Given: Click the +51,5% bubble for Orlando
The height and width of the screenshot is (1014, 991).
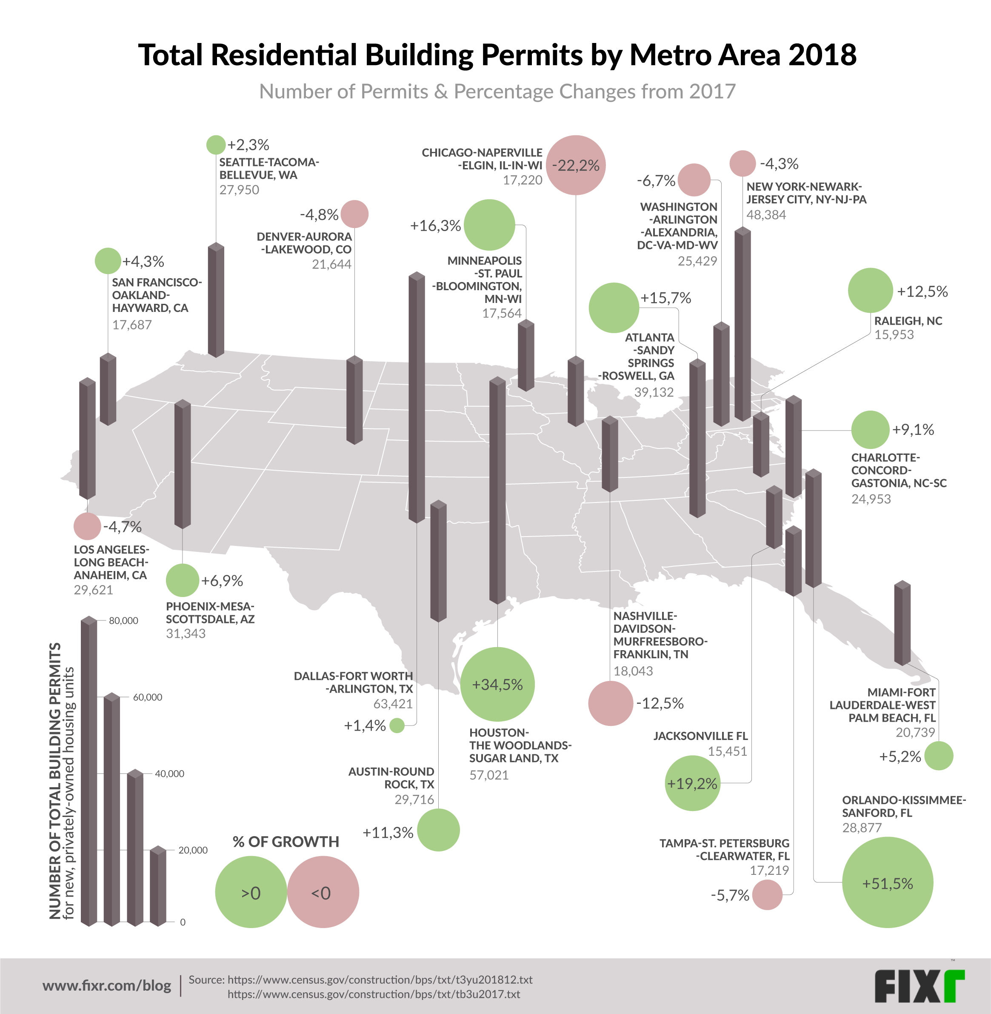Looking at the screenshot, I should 888,883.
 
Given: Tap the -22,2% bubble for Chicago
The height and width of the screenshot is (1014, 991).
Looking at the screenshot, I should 576,165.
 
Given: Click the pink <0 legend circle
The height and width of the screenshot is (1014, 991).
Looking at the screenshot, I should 323,893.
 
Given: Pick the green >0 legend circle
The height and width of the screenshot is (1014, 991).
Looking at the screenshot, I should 251,893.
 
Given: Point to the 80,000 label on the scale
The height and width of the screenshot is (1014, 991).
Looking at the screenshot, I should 123,620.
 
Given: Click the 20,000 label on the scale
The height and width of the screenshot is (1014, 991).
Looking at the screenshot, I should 193,850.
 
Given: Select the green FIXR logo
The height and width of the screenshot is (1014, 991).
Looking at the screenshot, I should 919,986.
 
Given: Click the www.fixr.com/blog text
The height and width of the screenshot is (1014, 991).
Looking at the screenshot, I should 107,985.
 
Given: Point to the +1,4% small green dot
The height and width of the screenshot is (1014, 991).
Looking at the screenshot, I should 397,725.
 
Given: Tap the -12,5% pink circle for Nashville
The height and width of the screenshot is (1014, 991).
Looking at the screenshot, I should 611,703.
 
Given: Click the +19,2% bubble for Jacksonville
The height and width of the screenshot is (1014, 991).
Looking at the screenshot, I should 692,783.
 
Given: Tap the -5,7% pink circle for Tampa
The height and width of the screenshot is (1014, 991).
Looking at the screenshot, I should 767,895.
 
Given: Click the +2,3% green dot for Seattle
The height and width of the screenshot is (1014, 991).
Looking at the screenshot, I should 216,145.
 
